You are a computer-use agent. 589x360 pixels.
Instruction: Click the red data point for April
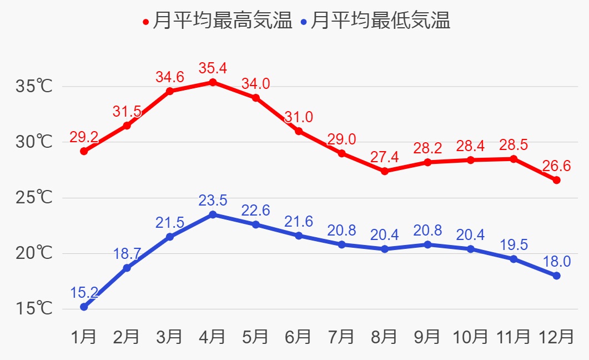click(213, 82)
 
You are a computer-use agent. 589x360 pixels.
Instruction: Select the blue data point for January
click(84, 307)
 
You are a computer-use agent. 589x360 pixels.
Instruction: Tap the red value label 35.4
click(213, 69)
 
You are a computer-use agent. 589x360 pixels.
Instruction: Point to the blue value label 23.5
click(213, 201)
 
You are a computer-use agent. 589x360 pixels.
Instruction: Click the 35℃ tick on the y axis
click(34, 87)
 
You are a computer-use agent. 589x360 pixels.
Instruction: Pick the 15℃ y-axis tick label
click(34, 308)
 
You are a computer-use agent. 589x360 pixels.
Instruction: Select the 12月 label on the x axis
click(556, 336)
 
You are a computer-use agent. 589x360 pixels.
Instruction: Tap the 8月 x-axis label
click(384, 336)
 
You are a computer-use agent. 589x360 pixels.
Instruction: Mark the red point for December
click(556, 180)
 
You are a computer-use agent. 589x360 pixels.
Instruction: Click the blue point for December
click(556, 276)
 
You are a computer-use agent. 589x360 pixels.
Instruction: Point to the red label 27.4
click(384, 157)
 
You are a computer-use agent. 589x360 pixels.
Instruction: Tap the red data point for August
click(384, 171)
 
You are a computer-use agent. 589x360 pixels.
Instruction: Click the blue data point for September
click(427, 244)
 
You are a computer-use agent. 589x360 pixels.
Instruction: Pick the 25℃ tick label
click(34, 198)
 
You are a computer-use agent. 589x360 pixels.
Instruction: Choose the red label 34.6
click(170, 77)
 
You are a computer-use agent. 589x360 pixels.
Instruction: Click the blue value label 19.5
click(513, 245)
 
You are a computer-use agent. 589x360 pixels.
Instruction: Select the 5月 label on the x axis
click(255, 336)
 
